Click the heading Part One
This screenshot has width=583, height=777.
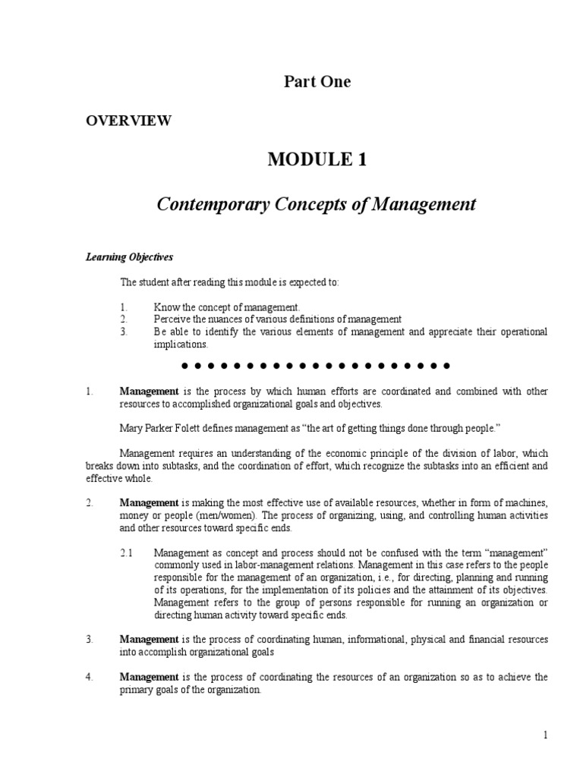(x=317, y=82)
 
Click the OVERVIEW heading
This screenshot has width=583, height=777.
(x=128, y=120)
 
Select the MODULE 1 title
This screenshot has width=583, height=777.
(x=317, y=159)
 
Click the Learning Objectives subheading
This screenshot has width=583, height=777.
(x=129, y=257)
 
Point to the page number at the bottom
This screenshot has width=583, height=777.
(x=545, y=735)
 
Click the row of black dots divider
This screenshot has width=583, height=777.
(x=317, y=366)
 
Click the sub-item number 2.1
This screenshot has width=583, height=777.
(x=128, y=554)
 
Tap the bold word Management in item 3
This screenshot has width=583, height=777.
(x=149, y=640)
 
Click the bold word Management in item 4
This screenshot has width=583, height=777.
(x=149, y=677)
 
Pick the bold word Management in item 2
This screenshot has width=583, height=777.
(x=149, y=504)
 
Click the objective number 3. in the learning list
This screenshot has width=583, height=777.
(x=124, y=332)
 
